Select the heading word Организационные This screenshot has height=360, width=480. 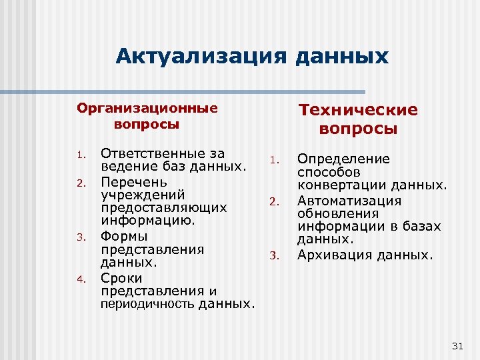(x=147, y=109)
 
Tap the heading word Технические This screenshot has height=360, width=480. (x=358, y=110)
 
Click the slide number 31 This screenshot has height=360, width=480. (x=457, y=345)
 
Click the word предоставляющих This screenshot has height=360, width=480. (x=163, y=209)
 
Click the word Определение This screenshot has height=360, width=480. (x=343, y=159)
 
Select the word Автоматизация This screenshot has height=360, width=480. (x=349, y=200)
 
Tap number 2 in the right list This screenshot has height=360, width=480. (x=273, y=201)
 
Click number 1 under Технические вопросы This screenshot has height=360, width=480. (x=273, y=160)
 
